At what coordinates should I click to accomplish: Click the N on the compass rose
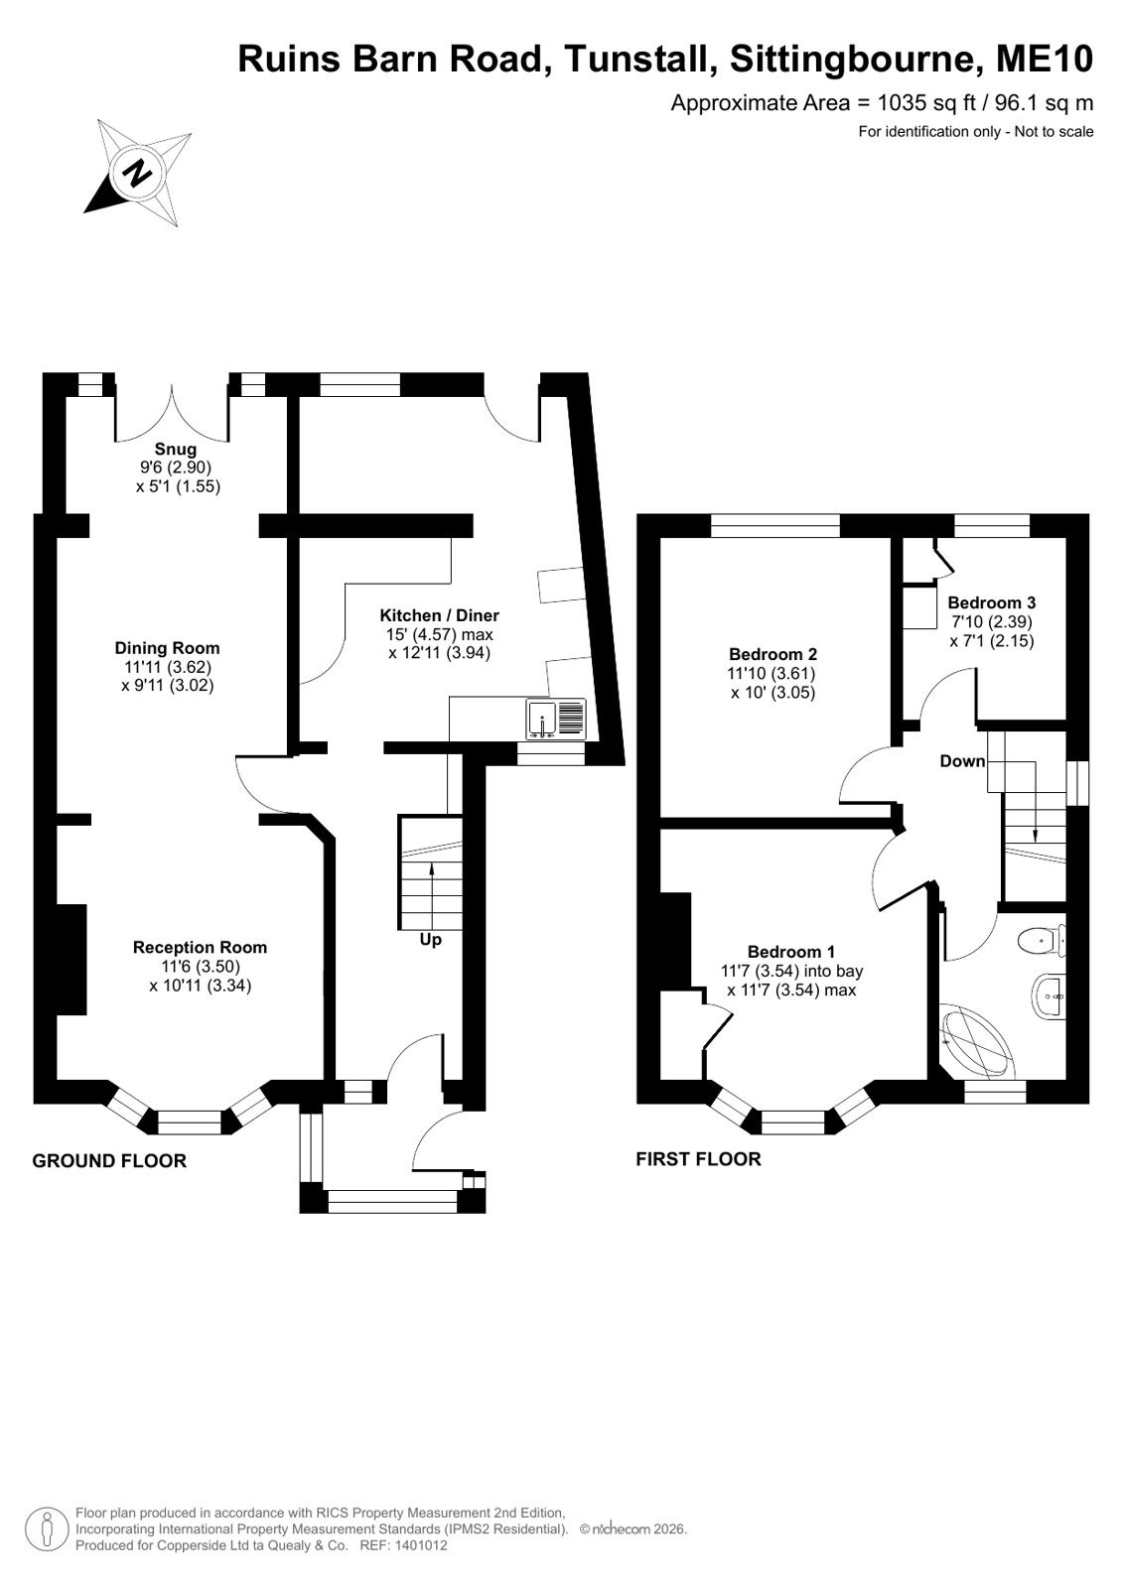pos(138,171)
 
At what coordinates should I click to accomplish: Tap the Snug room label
pos(176,450)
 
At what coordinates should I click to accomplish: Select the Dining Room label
pos(168,647)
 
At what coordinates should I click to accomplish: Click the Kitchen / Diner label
pos(440,615)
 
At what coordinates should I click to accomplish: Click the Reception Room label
pos(200,947)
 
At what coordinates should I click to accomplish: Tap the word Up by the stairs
pos(430,940)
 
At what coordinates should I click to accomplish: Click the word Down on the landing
pos(962,761)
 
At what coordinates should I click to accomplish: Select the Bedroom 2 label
pos(772,654)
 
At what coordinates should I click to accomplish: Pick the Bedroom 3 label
pos(991,602)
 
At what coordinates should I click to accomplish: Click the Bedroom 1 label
pos(791,952)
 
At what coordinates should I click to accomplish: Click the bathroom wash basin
pos(1048,997)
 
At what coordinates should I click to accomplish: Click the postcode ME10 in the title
pos(1045,59)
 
